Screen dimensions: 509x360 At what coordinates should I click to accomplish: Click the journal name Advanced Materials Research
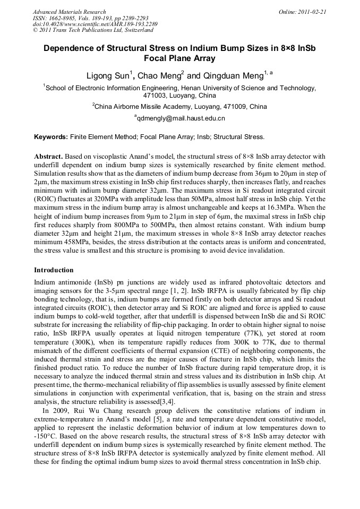(x=69, y=12)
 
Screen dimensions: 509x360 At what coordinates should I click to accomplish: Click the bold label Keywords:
(x=51, y=137)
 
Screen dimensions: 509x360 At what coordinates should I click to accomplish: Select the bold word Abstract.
(x=49, y=157)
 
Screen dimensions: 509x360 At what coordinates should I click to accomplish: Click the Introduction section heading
(x=54, y=270)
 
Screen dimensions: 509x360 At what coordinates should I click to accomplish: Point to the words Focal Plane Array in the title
(x=179, y=58)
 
